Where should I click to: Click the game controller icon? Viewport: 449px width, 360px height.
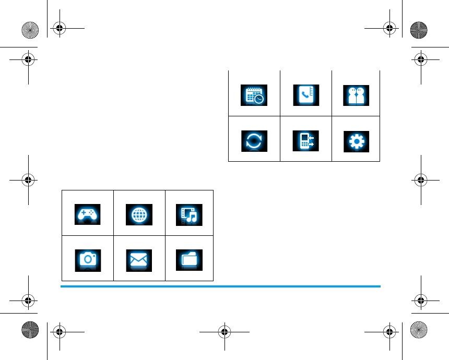(88, 214)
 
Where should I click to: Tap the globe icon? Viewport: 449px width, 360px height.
(139, 214)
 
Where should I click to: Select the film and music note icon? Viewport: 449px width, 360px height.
(190, 214)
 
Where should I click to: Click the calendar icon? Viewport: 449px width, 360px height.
(254, 95)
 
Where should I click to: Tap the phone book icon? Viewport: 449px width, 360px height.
(305, 95)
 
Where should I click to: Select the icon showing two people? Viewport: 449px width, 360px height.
(357, 95)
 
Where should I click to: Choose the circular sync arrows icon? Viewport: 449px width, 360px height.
(254, 141)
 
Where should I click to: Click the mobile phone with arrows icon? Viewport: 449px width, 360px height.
(305, 141)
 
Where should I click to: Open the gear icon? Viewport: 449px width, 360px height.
(357, 141)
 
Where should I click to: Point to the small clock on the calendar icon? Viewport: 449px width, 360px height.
(259, 99)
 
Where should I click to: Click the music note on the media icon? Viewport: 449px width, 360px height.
(192, 217)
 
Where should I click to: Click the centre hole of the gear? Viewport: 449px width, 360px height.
(357, 141)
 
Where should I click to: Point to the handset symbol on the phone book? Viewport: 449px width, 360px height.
(304, 94)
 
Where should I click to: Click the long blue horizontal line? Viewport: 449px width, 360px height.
(220, 286)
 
